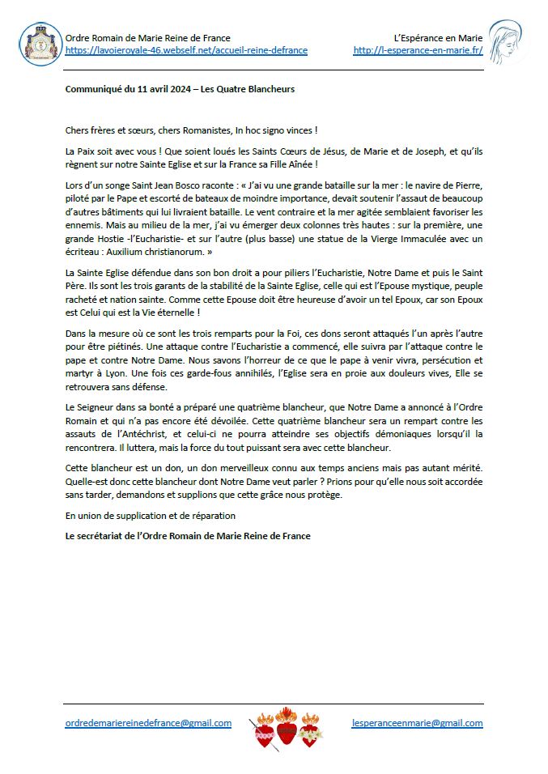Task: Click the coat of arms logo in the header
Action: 40,44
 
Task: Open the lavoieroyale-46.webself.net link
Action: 186,50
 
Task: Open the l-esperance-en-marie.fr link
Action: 418,50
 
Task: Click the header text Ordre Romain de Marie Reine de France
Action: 147,37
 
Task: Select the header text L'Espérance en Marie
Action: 438,37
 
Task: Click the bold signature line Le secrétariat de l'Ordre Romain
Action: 188,535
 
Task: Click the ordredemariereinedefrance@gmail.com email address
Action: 148,723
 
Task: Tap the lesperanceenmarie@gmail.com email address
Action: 418,723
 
